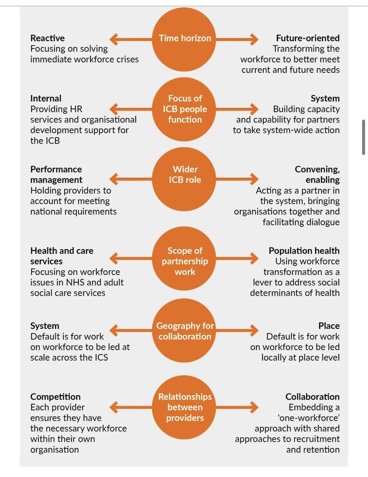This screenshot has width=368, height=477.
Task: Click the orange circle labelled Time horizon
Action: click(185, 39)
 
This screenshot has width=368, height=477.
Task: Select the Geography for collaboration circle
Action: click(185, 331)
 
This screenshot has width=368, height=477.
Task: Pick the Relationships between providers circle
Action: click(185, 407)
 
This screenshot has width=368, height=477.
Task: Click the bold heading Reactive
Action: click(47, 38)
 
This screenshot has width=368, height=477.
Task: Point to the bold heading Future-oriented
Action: click(308, 38)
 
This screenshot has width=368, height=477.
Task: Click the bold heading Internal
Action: click(46, 99)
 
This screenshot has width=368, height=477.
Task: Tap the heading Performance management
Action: click(56, 175)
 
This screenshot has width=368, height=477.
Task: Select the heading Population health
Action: click(304, 251)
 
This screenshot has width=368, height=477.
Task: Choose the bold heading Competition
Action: click(55, 397)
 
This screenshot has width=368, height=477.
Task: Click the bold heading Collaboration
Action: click(312, 397)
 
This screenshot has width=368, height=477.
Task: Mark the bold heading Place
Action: click(329, 326)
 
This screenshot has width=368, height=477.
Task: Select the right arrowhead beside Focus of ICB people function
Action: click(254, 109)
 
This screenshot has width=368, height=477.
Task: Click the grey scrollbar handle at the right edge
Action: click(363, 137)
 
